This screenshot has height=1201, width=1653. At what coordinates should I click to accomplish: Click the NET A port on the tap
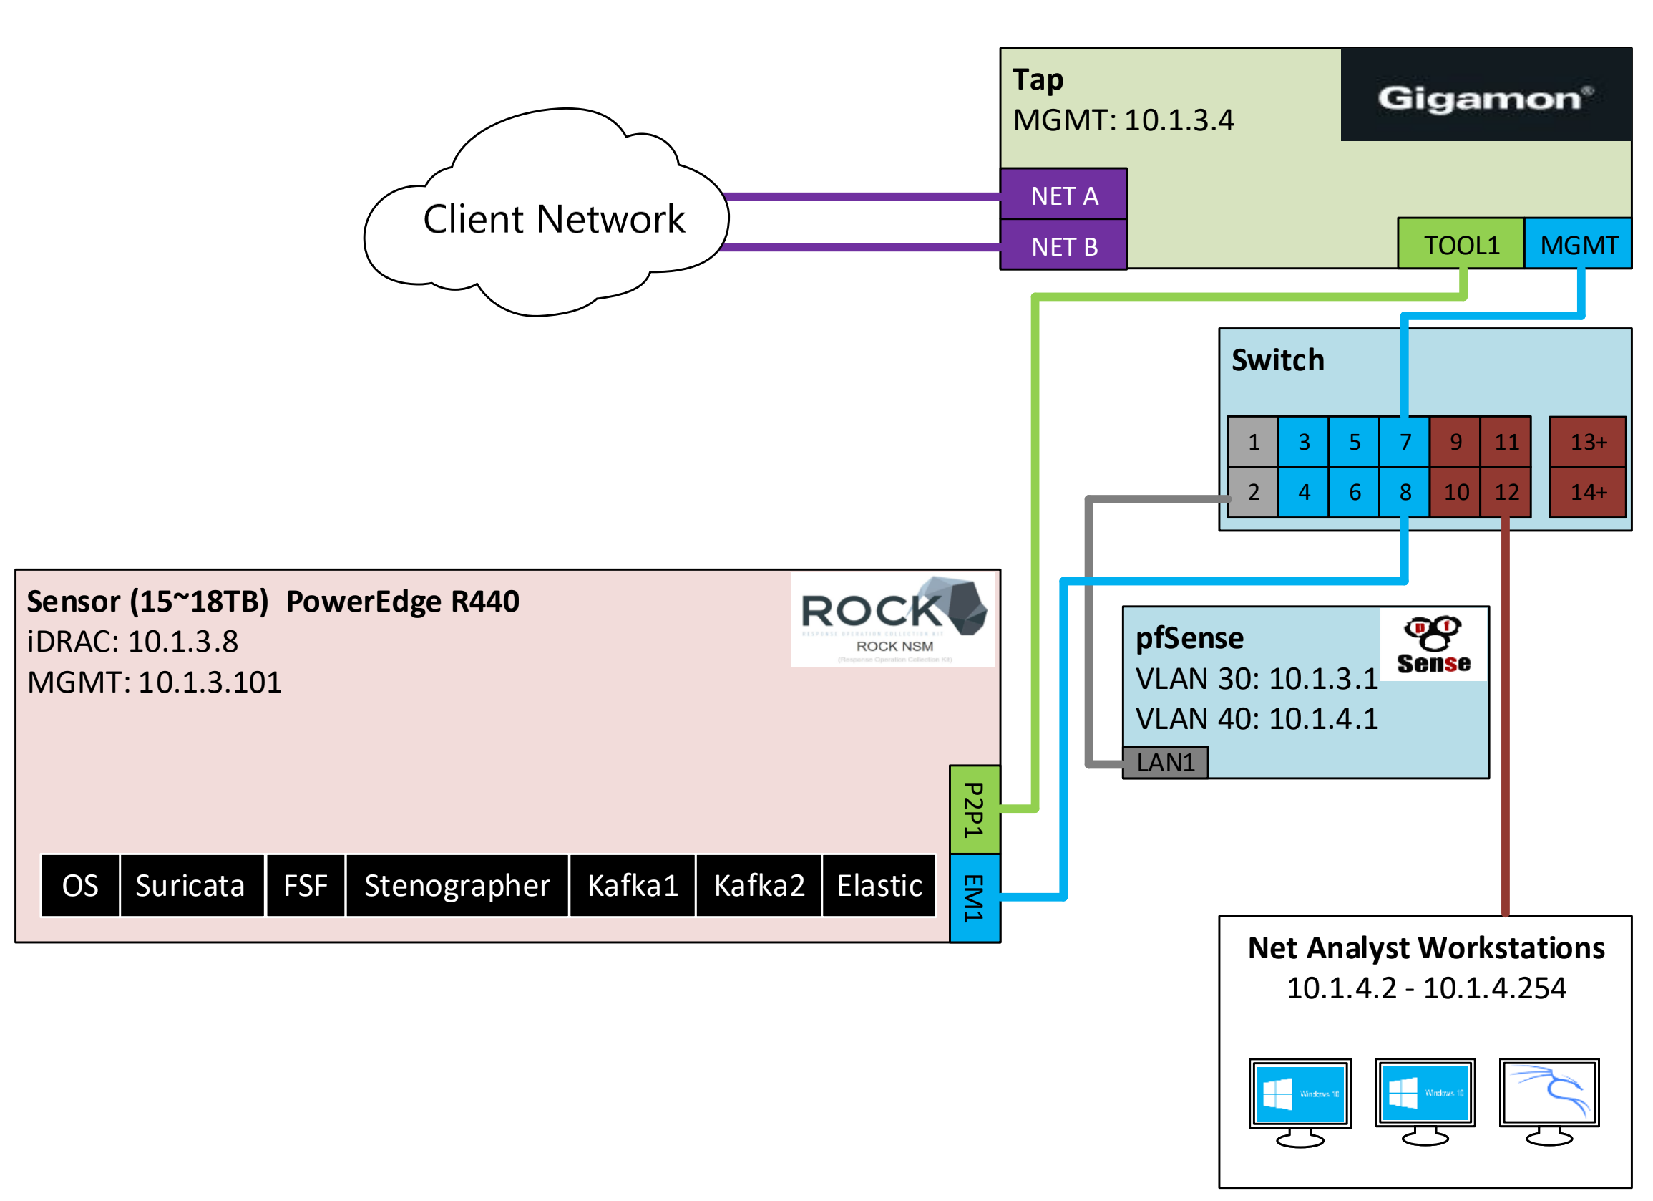pyautogui.click(x=1063, y=196)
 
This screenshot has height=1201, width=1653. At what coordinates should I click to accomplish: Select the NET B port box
pyautogui.click(x=1063, y=246)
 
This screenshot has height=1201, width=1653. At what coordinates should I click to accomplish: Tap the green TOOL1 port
pyautogui.click(x=1461, y=244)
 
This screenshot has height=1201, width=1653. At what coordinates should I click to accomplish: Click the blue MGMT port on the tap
pyautogui.click(x=1578, y=244)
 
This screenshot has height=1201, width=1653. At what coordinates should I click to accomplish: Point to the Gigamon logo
pyautogui.click(x=1485, y=96)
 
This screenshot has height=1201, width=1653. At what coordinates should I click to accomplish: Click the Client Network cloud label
pyautogui.click(x=554, y=219)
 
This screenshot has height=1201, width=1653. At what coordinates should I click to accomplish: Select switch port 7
pyautogui.click(x=1405, y=441)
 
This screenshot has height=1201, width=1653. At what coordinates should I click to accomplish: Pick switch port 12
pyautogui.click(x=1506, y=491)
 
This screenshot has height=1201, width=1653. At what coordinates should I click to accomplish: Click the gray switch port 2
pyautogui.click(x=1253, y=491)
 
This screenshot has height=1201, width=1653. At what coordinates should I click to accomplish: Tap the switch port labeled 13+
pyautogui.click(x=1587, y=441)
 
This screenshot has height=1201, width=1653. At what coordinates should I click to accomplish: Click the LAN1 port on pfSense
pyautogui.click(x=1165, y=762)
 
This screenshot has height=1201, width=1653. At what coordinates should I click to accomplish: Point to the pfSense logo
pyautogui.click(x=1433, y=644)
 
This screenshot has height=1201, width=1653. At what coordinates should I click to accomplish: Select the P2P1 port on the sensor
pyautogui.click(x=975, y=809)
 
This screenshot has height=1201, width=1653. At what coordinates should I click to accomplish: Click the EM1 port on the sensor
pyautogui.click(x=975, y=897)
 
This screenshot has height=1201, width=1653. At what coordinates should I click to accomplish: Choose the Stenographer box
pyautogui.click(x=457, y=885)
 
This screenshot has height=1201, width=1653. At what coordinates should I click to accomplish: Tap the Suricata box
pyautogui.click(x=191, y=885)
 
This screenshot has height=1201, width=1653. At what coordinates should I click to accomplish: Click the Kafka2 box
pyautogui.click(x=759, y=885)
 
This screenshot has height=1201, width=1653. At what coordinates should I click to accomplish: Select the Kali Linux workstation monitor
pyautogui.click(x=1549, y=1094)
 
